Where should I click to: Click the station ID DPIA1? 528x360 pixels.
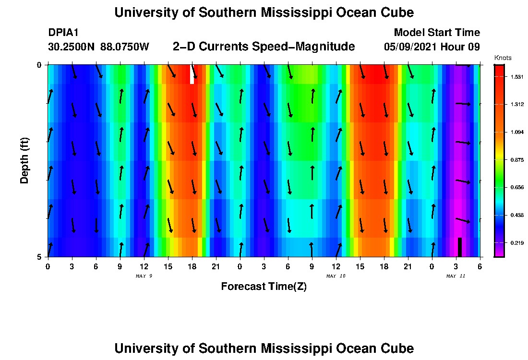click(63, 33)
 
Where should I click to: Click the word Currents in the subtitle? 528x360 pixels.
click(226, 47)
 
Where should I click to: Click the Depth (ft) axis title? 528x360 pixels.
click(24, 160)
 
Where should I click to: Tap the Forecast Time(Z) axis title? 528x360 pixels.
click(264, 287)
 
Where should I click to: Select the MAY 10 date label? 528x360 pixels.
click(336, 276)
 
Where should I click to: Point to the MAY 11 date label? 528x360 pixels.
click(456, 276)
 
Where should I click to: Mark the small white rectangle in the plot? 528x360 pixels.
click(192, 74)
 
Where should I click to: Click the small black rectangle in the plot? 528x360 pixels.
click(460, 247)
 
